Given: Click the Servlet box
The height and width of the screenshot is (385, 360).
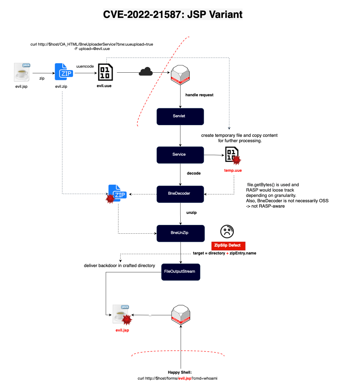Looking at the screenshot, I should pyautogui.click(x=180, y=117).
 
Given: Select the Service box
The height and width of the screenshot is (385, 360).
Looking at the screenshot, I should pyautogui.click(x=180, y=155).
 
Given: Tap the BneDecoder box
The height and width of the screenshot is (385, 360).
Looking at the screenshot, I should pyautogui.click(x=180, y=194).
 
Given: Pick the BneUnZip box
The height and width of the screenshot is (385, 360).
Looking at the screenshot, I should pyautogui.click(x=181, y=233).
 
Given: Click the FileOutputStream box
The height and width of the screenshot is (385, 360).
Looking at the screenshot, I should pyautogui.click(x=181, y=272).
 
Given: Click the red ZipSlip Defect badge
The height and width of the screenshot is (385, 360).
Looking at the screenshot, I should pyautogui.click(x=228, y=246).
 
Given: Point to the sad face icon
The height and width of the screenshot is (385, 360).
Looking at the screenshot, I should pyautogui.click(x=227, y=232).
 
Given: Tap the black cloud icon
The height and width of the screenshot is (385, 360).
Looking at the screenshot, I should pyautogui.click(x=146, y=72).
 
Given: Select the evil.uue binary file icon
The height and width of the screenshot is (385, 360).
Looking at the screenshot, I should pyautogui.click(x=105, y=72).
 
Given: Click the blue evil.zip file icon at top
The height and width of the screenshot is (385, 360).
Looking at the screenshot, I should pyautogui.click(x=64, y=72).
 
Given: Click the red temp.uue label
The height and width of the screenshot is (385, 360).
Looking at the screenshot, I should pyautogui.click(x=233, y=170).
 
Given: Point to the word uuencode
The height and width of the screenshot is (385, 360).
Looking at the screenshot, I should pyautogui.click(x=85, y=66).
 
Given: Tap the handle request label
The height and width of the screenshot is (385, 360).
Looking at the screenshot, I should pyautogui.click(x=199, y=95).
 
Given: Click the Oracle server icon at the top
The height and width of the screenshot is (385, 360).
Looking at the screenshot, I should pyautogui.click(x=180, y=75).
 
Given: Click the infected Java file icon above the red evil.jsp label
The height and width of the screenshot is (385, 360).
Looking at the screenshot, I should pyautogui.click(x=122, y=314).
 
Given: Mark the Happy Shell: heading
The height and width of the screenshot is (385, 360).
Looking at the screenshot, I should pyautogui.click(x=180, y=372).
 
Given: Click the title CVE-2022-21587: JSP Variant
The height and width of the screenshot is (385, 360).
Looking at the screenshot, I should pyautogui.click(x=173, y=14).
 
